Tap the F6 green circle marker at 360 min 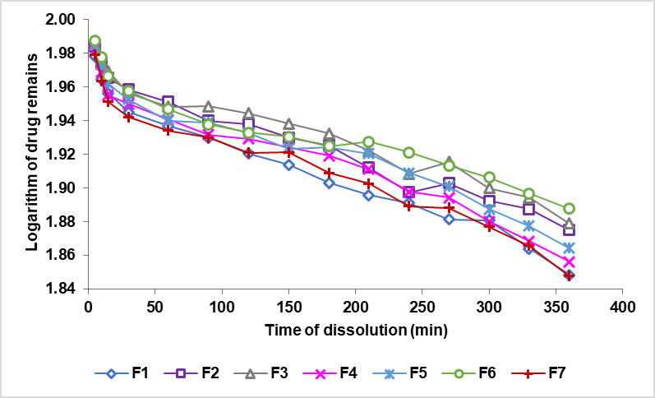[569, 209]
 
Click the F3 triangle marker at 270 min [449, 162]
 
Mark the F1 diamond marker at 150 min [288, 164]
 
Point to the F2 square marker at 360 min [569, 230]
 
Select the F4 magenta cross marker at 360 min [569, 261]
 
